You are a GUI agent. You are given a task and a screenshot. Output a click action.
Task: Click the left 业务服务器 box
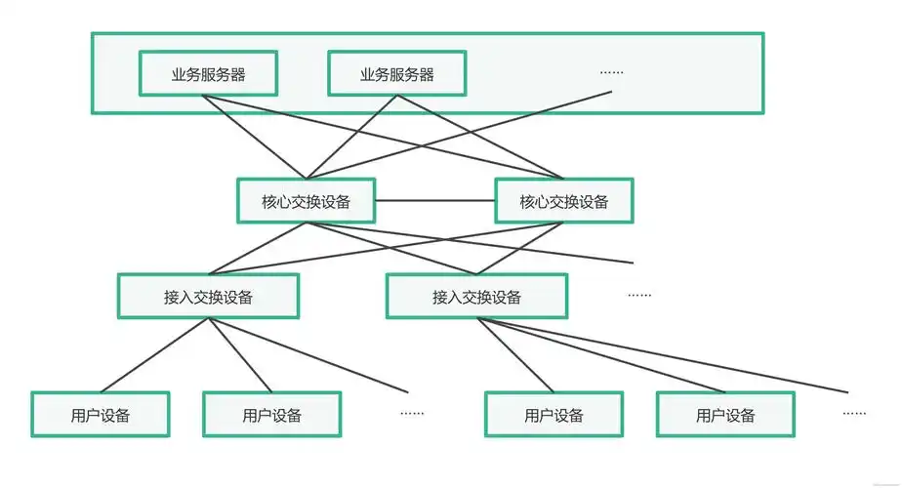click(208, 74)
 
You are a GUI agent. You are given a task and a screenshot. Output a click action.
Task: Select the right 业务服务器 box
click(396, 74)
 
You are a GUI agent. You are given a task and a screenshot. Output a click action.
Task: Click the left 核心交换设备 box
click(306, 201)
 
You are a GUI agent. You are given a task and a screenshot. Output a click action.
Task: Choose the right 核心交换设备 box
click(563, 201)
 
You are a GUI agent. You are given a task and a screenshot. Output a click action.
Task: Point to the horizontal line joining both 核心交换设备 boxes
click(434, 201)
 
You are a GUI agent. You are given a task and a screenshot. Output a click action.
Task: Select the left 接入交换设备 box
click(208, 297)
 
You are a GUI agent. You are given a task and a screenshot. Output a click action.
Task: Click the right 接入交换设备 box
click(476, 297)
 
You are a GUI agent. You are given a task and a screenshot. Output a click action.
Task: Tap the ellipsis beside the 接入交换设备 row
click(638, 295)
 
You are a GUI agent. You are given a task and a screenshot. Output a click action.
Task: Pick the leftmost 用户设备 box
click(101, 415)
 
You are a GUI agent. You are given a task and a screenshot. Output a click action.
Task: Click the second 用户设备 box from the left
click(271, 415)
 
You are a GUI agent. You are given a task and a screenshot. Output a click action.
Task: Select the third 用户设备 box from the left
click(553, 415)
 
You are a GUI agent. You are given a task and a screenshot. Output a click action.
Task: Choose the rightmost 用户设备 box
click(725, 415)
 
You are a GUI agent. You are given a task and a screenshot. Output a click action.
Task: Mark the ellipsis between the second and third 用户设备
click(412, 413)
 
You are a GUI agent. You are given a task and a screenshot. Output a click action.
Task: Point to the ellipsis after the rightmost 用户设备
click(854, 413)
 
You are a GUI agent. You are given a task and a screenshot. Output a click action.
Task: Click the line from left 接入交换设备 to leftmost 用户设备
click(154, 354)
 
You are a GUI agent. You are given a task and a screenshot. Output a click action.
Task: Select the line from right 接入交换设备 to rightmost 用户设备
click(600, 354)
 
